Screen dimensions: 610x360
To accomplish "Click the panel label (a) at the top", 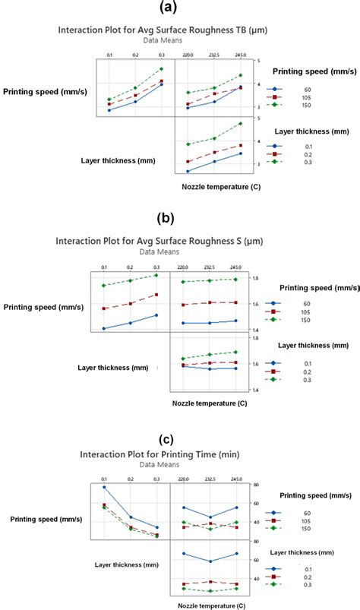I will [179, 9].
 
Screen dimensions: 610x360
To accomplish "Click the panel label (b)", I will [166, 219].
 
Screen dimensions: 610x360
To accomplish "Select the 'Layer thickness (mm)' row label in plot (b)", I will [112, 368].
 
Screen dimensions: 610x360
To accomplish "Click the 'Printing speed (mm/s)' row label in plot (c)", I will [41, 519].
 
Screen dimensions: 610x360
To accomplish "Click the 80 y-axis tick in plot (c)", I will [258, 485].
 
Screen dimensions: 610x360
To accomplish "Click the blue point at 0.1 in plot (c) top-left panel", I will [104, 487].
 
